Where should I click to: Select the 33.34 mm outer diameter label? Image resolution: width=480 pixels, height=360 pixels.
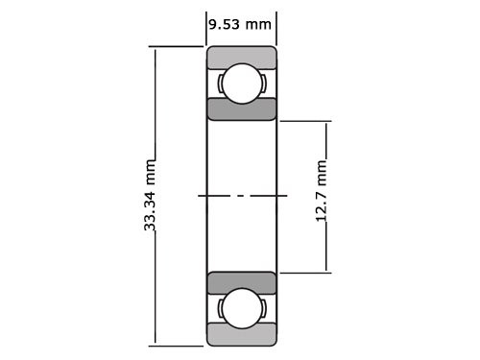point(150,199)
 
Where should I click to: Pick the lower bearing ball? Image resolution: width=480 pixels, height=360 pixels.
point(242,308)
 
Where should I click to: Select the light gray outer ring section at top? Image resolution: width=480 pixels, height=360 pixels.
point(242,56)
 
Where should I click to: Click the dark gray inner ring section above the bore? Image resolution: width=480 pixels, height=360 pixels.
point(242,108)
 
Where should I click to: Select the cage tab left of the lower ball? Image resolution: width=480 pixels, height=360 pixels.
point(220,308)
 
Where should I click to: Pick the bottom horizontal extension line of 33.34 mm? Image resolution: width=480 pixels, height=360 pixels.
point(178,345)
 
